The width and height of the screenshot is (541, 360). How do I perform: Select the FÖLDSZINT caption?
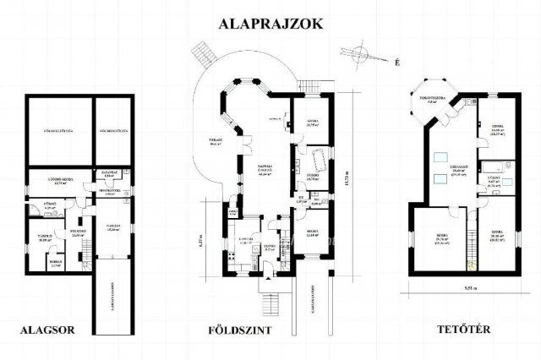point(239,330)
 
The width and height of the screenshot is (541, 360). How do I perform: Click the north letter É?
point(396,60)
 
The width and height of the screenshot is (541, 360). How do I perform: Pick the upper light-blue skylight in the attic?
point(442,156)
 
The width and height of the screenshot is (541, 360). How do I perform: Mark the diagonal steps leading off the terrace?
point(203,57)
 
